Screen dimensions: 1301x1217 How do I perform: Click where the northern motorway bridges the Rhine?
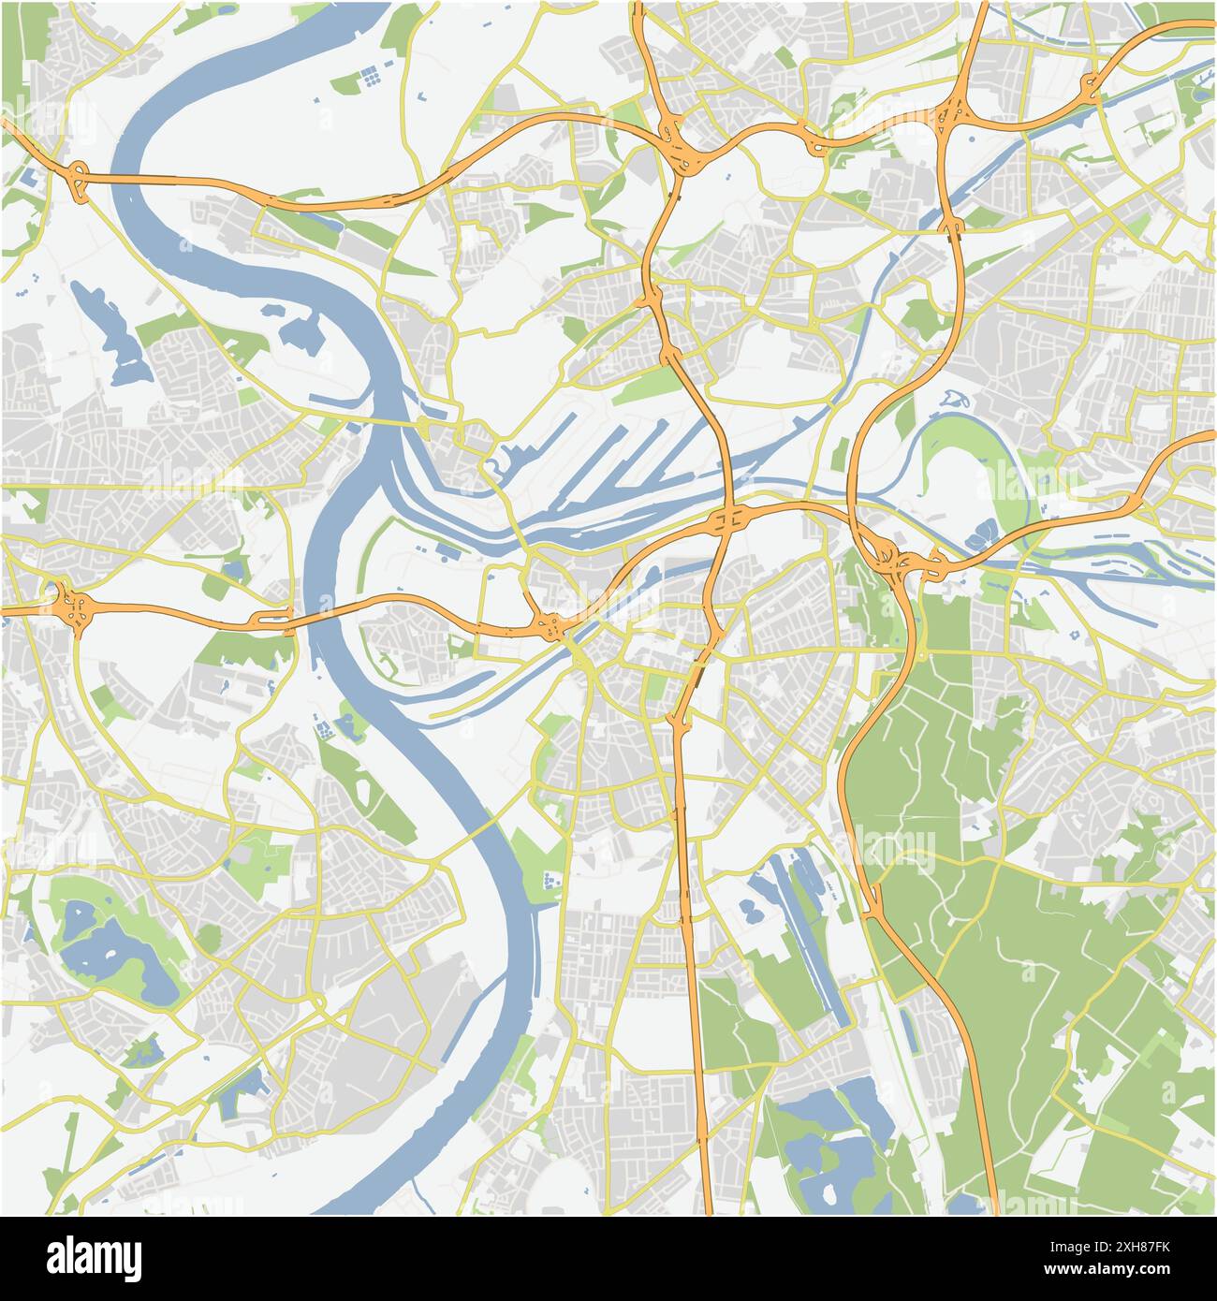(x=140, y=177)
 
